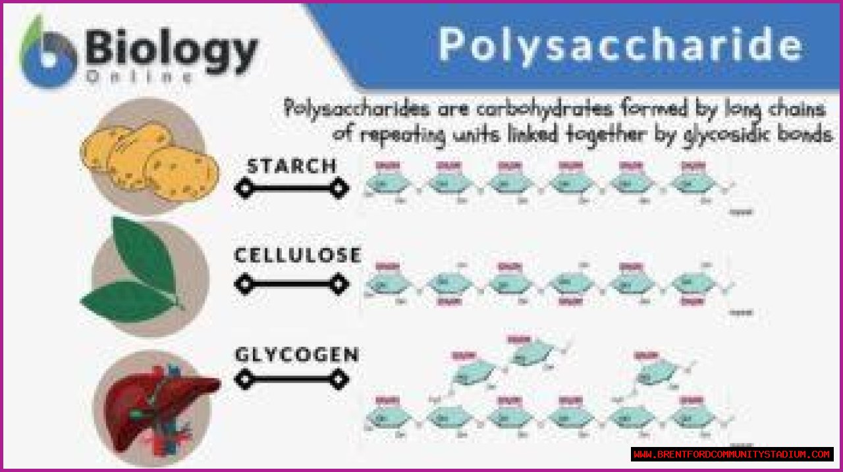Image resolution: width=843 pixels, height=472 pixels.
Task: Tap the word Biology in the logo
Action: click(x=171, y=51)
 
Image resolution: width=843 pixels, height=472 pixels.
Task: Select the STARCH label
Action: click(x=292, y=166)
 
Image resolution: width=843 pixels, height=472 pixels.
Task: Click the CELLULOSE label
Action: click(x=298, y=255)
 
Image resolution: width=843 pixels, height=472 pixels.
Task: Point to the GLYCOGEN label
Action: click(x=297, y=355)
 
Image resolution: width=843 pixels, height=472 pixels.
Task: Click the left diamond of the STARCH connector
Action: click(x=244, y=189)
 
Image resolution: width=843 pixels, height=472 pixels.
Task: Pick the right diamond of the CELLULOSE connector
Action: click(x=339, y=284)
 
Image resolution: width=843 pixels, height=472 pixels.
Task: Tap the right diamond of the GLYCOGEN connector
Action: click(x=339, y=379)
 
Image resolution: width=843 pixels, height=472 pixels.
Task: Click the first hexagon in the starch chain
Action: click(x=387, y=182)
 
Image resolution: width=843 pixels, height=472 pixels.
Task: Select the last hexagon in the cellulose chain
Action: click(x=693, y=284)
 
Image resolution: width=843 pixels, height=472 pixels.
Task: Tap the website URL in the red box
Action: click(x=732, y=454)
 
